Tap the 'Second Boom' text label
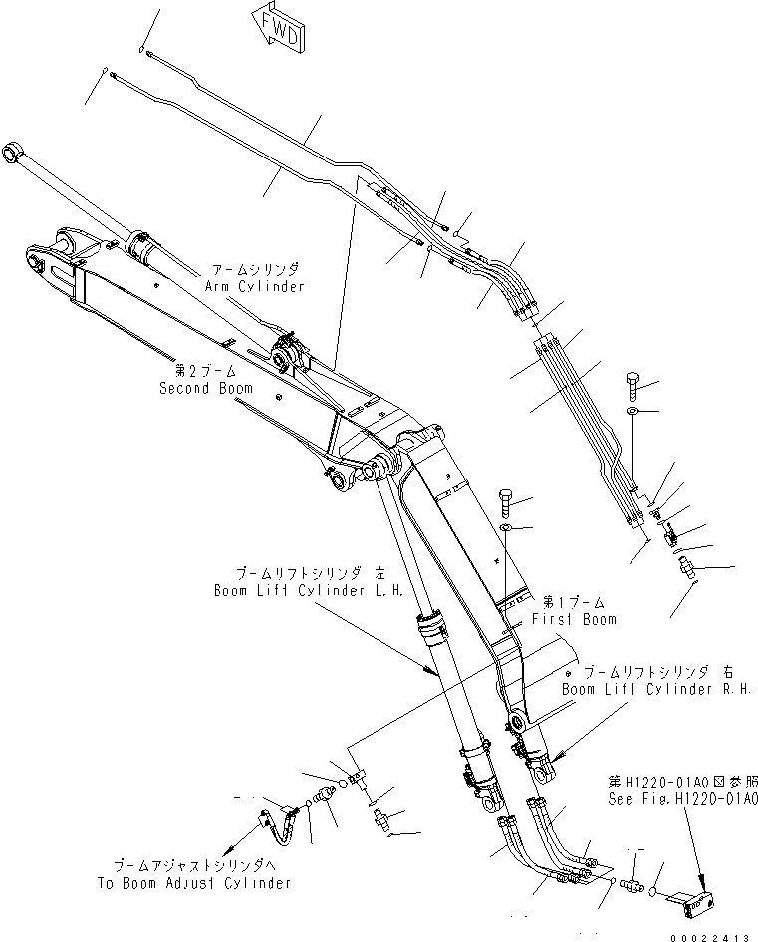click(x=206, y=388)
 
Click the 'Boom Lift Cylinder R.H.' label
click(x=654, y=689)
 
